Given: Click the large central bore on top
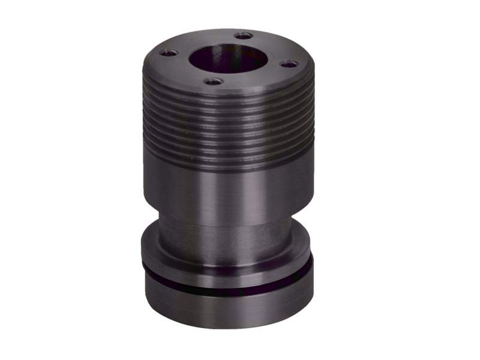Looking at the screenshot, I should (228, 59).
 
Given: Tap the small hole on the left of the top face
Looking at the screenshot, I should (170, 53).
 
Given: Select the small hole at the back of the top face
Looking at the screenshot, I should (243, 36).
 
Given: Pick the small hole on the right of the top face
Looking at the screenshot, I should (289, 64).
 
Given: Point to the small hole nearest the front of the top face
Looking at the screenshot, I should (213, 81).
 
